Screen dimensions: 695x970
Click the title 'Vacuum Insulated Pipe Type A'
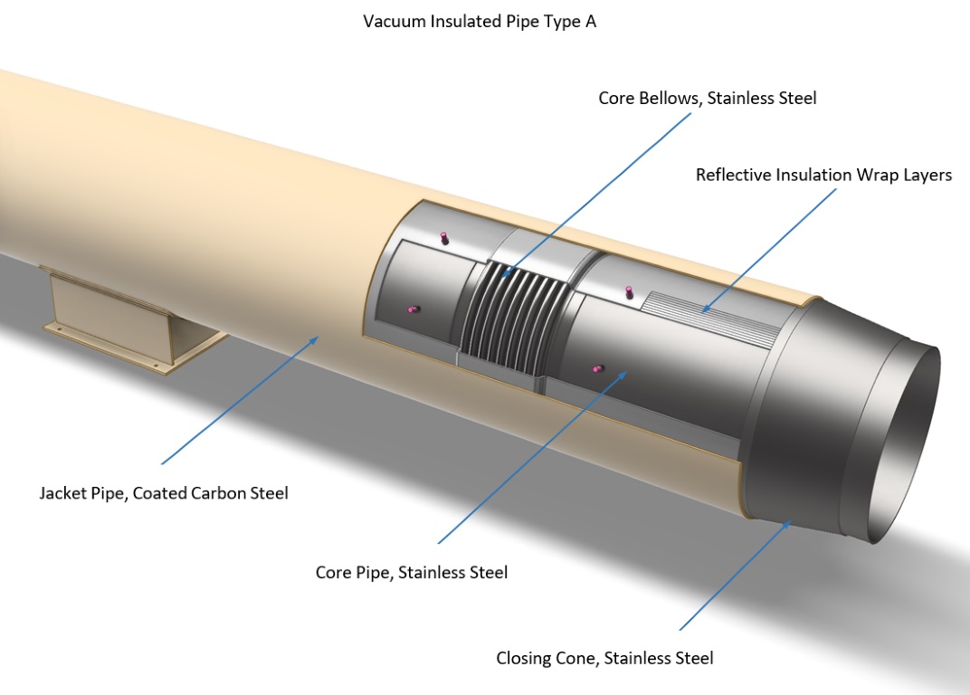(x=480, y=22)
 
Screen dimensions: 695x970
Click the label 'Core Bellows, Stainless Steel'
(x=707, y=98)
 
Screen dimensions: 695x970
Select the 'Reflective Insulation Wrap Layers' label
(x=823, y=175)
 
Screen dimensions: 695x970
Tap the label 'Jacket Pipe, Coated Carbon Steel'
(x=164, y=493)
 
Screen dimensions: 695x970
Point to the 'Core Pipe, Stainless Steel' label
(x=412, y=572)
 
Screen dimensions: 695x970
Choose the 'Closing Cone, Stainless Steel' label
(x=604, y=658)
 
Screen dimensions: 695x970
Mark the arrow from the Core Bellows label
(x=588, y=194)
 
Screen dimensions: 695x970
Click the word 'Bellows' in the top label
(x=668, y=98)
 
